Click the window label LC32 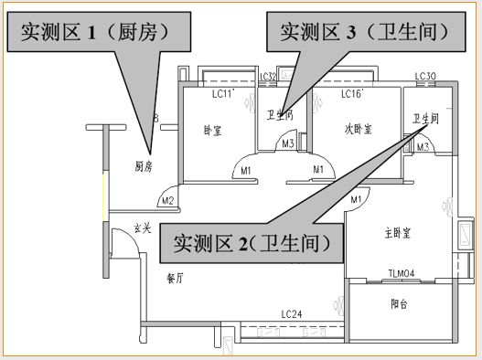pos(268,77)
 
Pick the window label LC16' pos(351,94)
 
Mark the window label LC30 pos(425,77)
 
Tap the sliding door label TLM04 pos(402,272)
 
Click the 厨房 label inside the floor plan pos(143,166)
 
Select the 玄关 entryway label pos(142,227)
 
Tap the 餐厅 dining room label pos(175,278)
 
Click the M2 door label pos(167,200)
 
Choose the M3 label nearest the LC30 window pos(423,146)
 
